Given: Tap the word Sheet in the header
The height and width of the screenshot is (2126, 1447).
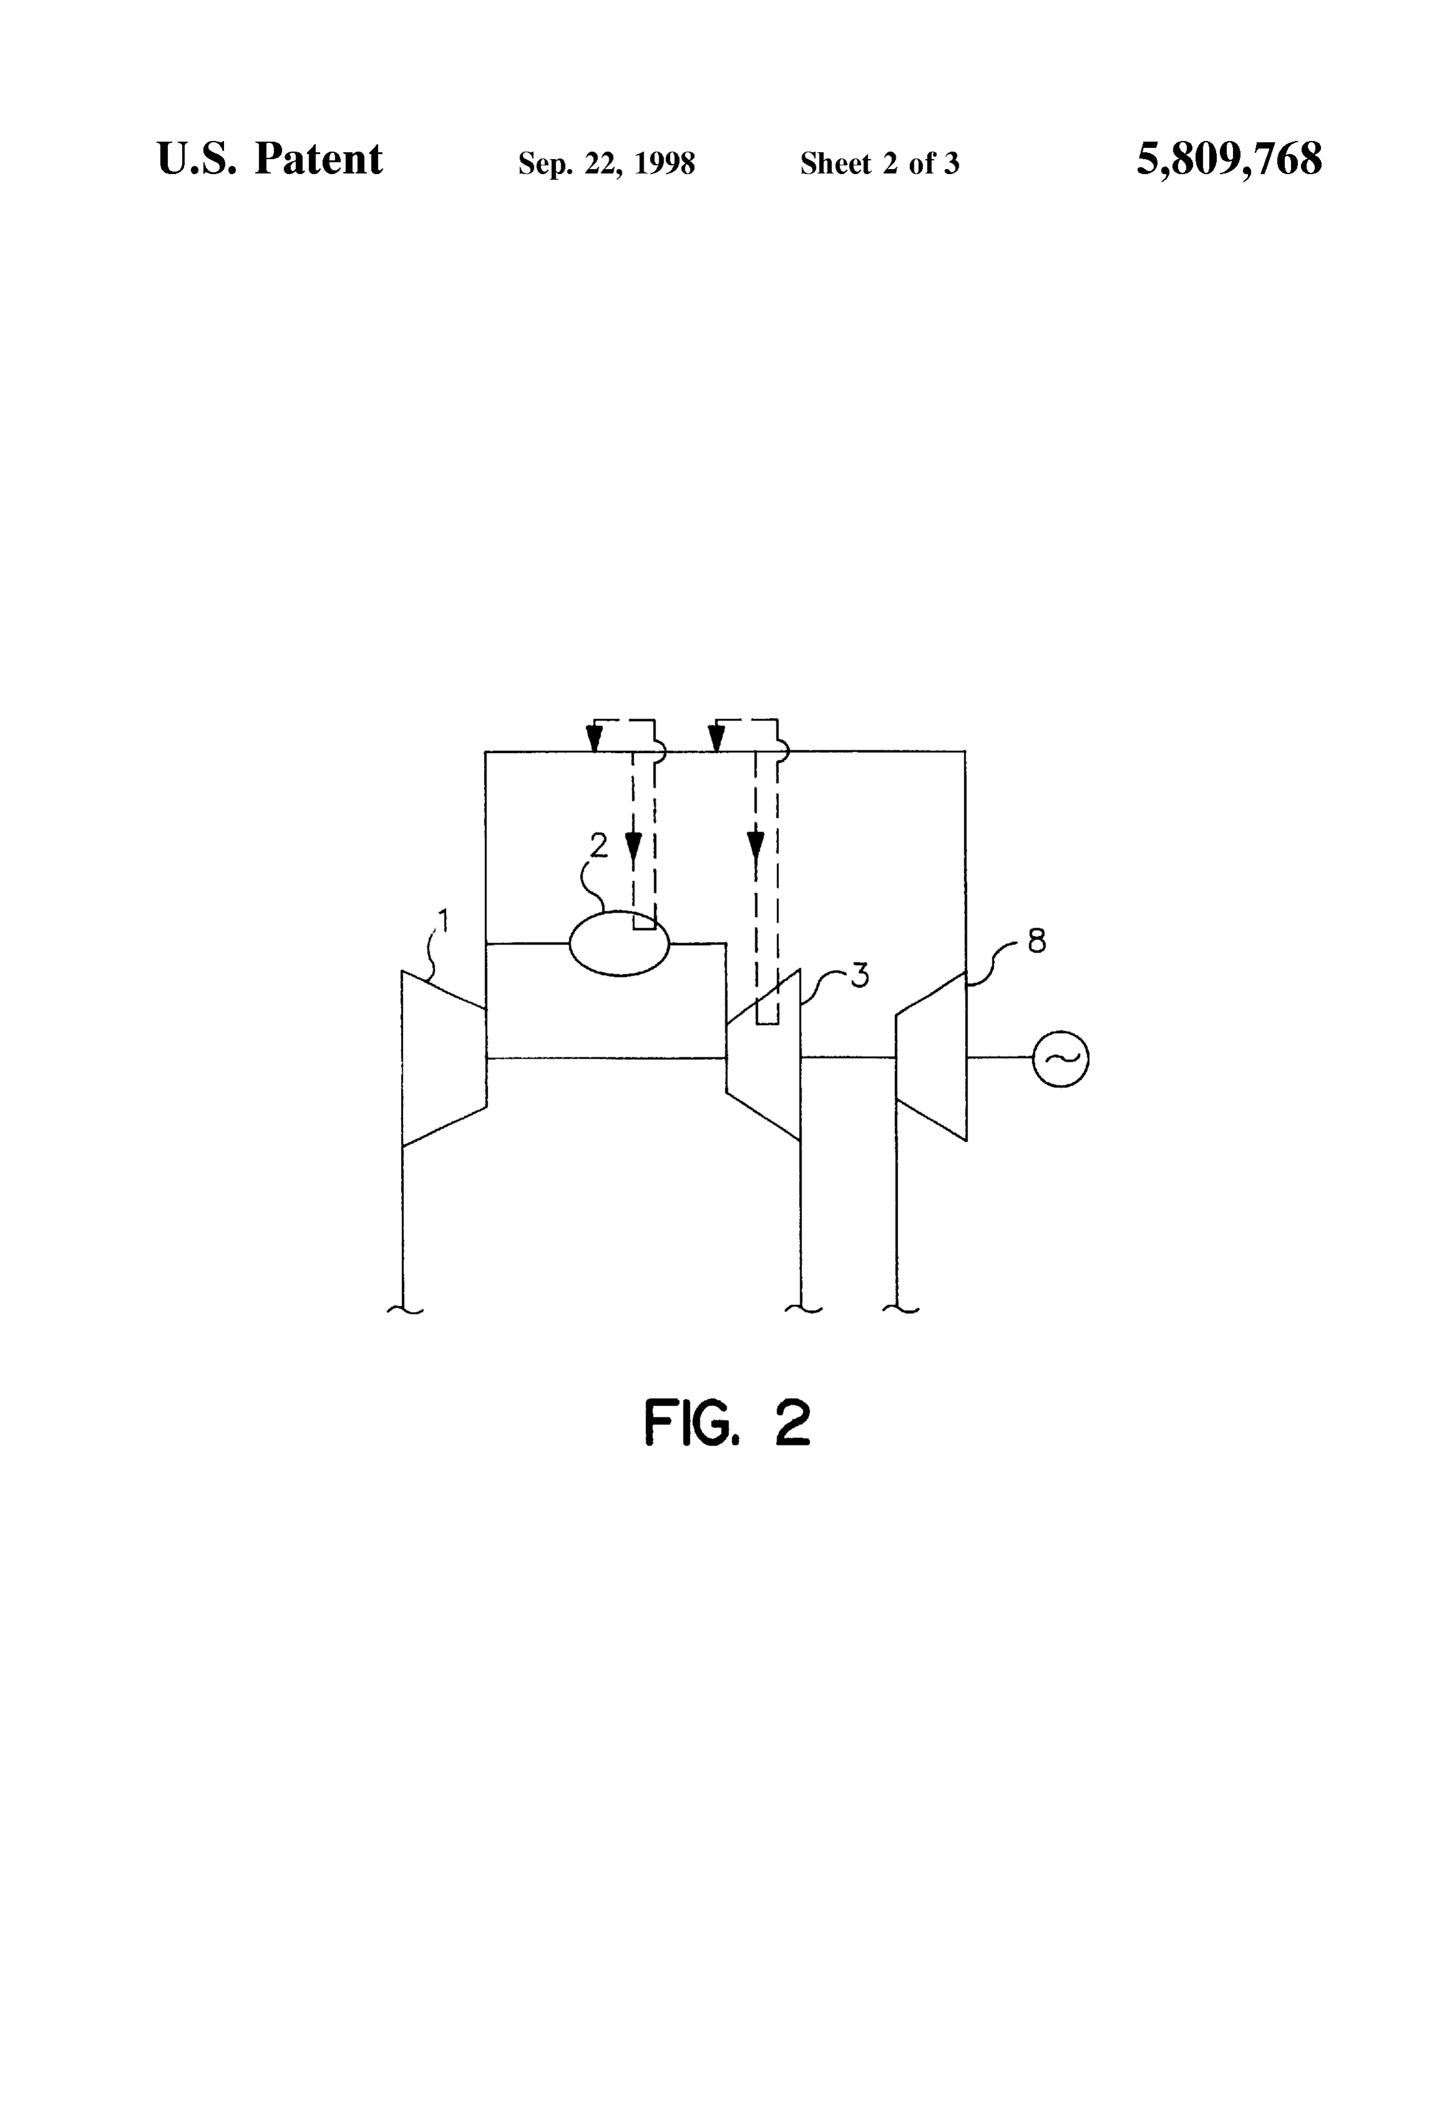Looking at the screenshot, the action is (x=836, y=163).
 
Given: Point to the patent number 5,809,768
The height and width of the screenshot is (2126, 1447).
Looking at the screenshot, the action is (x=1229, y=159).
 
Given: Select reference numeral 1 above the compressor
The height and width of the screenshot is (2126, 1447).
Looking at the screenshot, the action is (x=443, y=920).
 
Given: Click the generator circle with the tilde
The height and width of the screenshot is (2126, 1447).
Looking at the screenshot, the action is (x=1060, y=1059).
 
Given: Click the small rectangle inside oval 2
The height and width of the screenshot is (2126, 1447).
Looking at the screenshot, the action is (x=644, y=920).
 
